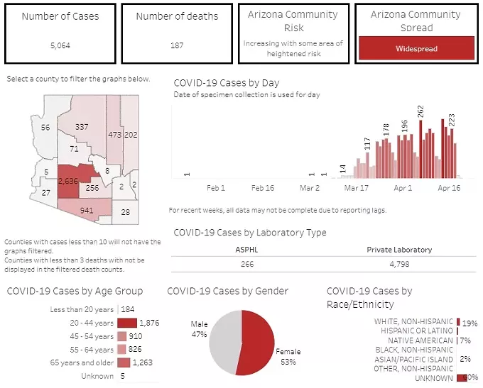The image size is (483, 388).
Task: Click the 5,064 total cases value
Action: click(60, 45)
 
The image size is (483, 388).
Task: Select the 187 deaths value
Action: click(177, 45)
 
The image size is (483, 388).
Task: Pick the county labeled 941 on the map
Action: click(87, 210)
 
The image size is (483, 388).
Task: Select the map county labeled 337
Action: click(82, 127)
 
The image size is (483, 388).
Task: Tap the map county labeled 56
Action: click(45, 128)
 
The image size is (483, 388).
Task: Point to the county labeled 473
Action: click(114, 134)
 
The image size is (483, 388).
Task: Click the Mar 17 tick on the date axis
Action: click(356, 189)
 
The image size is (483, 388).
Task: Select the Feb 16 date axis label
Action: click(262, 189)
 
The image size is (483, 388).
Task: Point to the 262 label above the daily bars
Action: click(420, 111)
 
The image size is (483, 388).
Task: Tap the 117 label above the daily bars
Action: click(367, 143)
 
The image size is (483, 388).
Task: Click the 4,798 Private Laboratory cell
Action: click(398, 262)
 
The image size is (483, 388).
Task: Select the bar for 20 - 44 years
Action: click(126, 323)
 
